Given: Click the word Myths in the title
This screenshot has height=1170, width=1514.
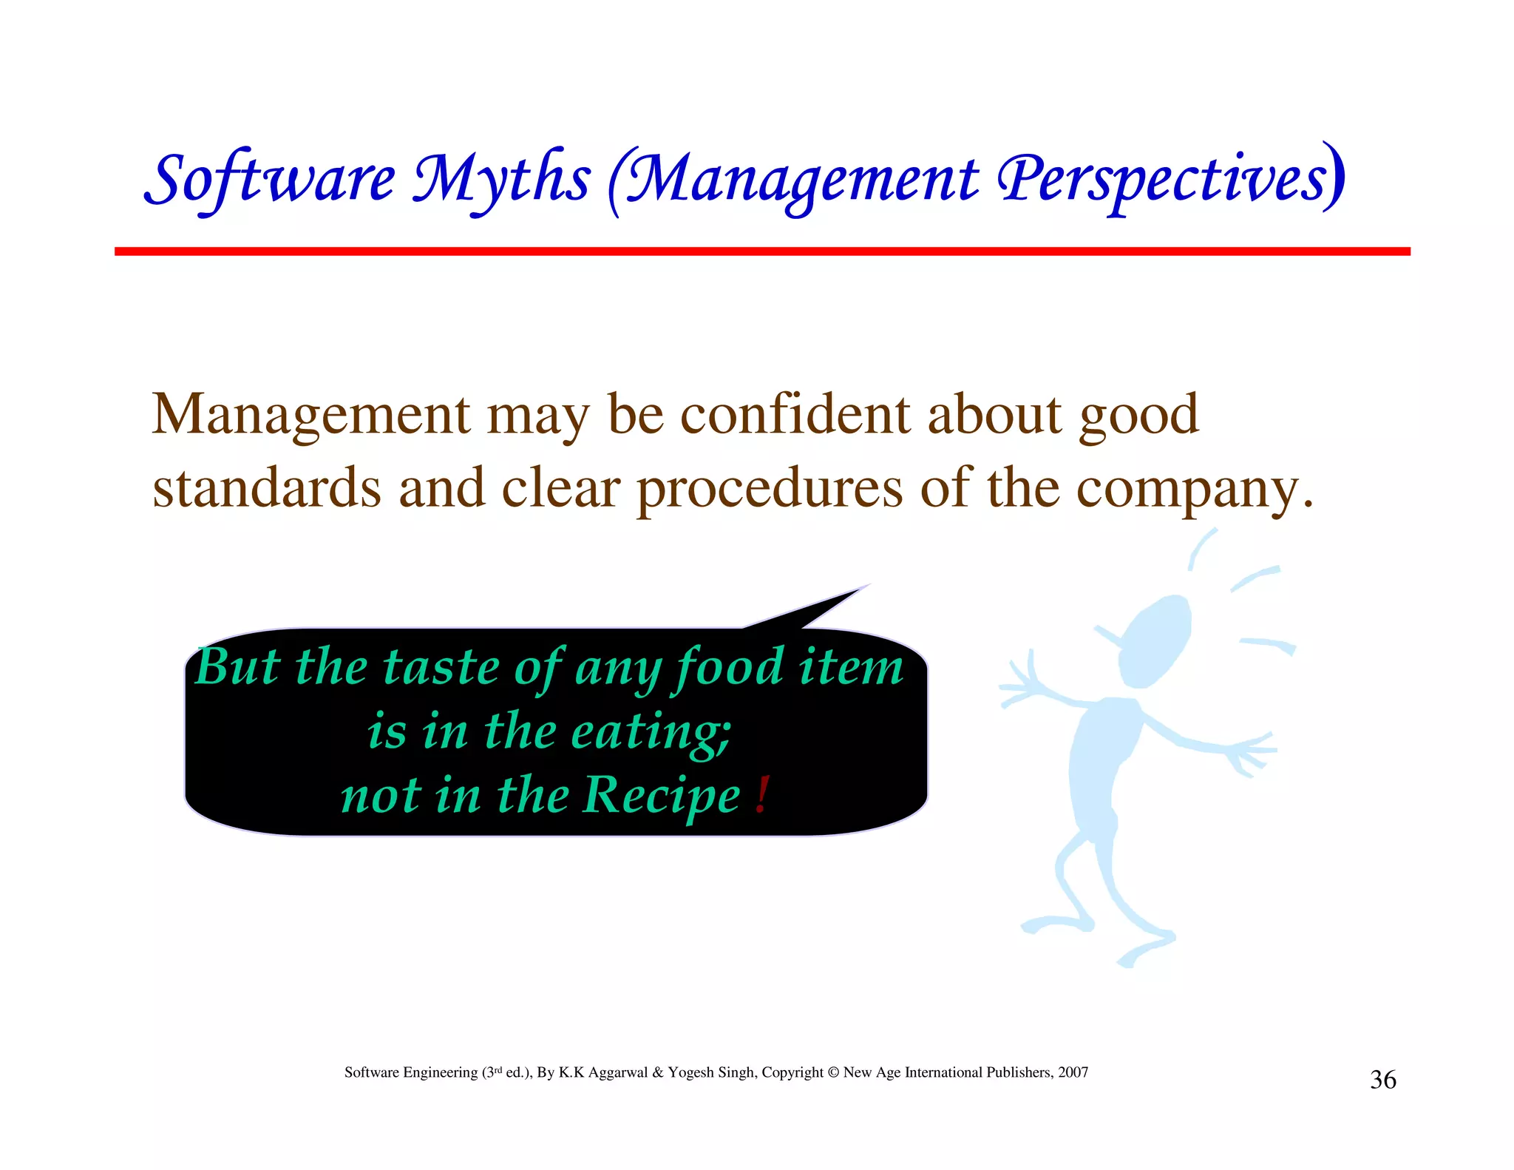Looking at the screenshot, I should tap(501, 180).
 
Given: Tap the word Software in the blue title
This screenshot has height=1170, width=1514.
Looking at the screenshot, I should tap(270, 180).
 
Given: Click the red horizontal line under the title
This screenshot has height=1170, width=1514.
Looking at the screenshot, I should tap(761, 251).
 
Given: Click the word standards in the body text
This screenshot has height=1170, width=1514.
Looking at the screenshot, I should tap(266, 488).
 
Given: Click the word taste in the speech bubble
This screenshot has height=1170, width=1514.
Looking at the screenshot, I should tap(441, 667).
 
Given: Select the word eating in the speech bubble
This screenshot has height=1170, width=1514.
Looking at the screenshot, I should tap(651, 732).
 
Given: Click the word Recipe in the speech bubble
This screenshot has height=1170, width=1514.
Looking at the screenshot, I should tap(661, 797).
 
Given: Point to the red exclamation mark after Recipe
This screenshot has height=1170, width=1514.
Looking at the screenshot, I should tap(762, 795).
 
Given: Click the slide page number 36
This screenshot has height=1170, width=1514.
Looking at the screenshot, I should tap(1382, 1081).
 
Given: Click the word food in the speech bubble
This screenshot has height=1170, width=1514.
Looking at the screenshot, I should tap(727, 667).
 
